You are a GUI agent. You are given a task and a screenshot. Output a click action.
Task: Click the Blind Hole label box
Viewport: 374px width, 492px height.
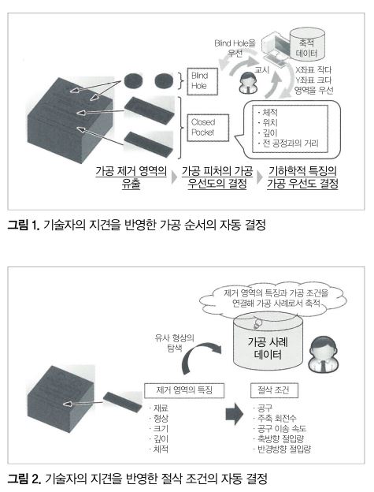pos(202,81)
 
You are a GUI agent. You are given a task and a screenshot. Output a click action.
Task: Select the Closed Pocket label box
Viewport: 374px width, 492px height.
pos(208,128)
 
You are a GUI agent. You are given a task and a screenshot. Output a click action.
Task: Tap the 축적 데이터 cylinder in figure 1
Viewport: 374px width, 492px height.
pos(306,44)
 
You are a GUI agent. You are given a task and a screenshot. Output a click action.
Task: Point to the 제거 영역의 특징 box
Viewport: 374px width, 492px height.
pos(184,390)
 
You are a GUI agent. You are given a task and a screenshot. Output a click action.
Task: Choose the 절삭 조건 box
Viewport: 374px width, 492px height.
pos(274,390)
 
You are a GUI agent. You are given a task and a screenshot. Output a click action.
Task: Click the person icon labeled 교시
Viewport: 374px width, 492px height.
pos(248,83)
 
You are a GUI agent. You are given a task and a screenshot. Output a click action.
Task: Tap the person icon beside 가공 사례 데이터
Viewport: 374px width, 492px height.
pos(324,354)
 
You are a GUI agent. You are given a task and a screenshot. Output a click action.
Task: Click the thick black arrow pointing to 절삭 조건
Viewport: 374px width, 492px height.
pos(235,414)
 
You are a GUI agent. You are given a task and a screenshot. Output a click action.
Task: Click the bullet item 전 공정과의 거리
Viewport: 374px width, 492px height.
pos(288,143)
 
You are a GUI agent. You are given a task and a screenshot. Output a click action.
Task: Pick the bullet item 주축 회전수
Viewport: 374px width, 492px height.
pos(275,418)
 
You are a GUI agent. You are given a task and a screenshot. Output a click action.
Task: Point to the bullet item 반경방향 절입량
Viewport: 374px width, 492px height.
pos(282,449)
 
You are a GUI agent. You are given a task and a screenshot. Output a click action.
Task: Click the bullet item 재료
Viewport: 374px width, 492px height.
pos(159,408)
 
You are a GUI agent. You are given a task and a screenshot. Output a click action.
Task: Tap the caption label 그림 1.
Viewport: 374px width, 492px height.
pos(24,225)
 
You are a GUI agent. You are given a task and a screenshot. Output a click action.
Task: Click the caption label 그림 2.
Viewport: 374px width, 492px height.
pos(24,479)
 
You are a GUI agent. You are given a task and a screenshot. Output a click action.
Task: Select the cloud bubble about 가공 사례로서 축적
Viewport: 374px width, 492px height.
pos(276,298)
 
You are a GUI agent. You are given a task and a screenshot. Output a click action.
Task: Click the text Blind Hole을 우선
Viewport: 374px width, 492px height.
pos(235,48)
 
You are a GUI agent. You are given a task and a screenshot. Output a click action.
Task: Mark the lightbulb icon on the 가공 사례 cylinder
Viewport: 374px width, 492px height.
pos(257,323)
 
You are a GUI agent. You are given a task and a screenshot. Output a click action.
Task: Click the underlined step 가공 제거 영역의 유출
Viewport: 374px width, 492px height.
pos(131,177)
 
